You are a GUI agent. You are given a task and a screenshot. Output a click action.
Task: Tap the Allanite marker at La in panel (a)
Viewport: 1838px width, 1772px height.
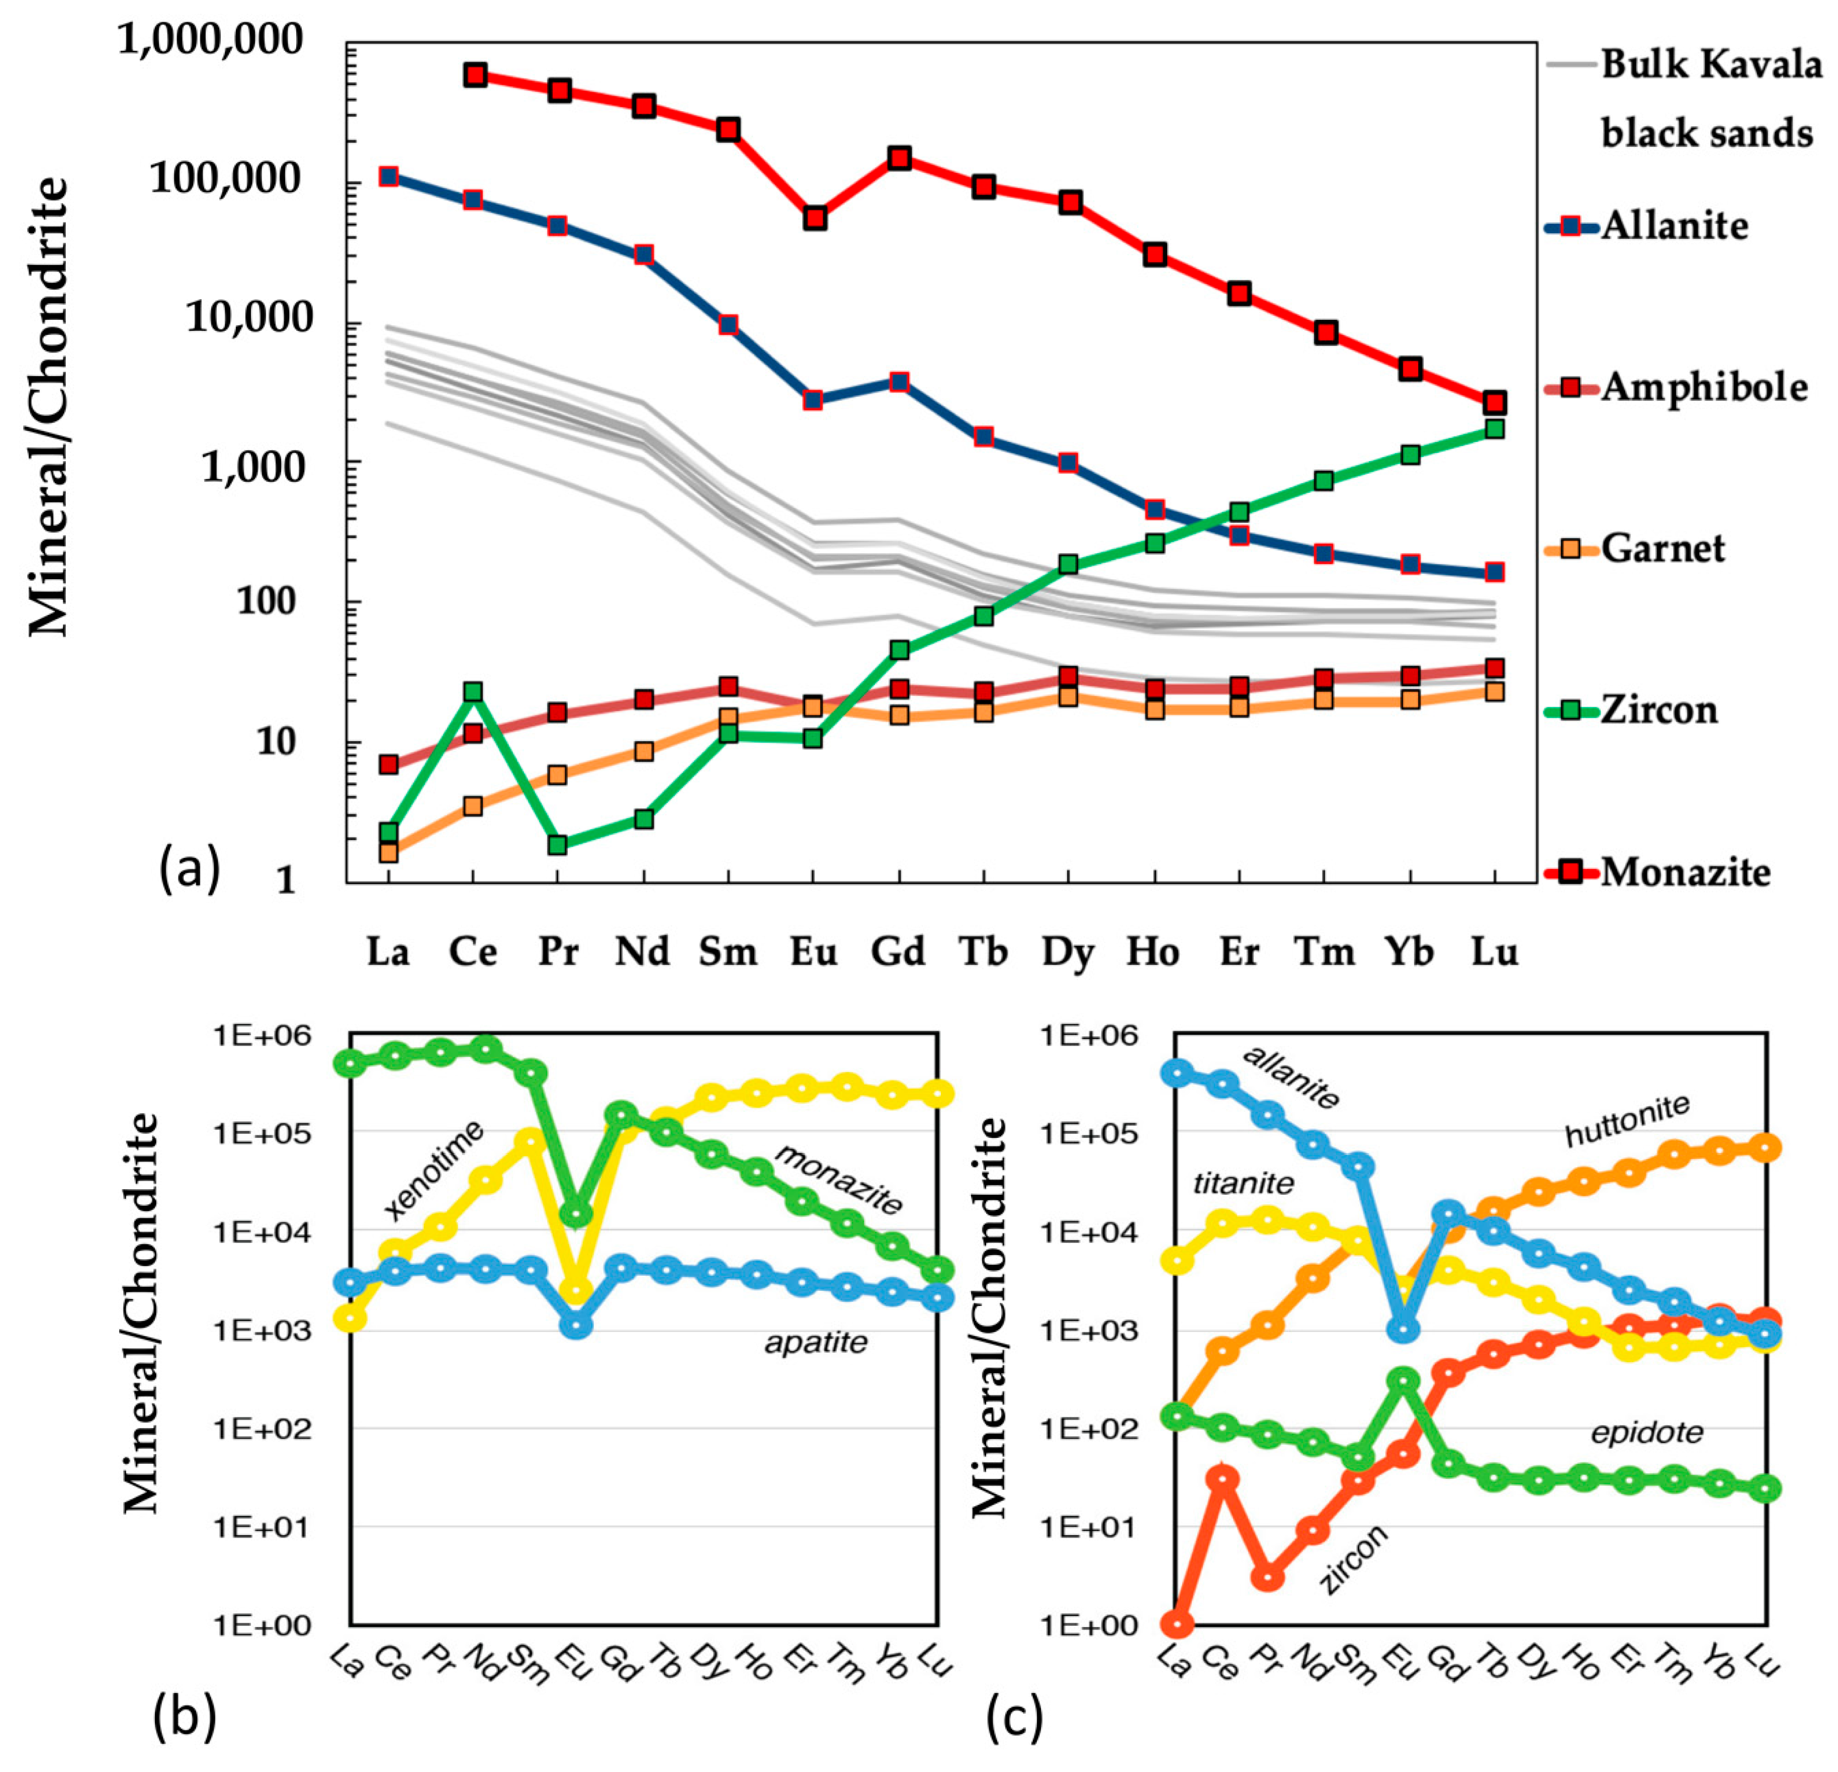point(388,176)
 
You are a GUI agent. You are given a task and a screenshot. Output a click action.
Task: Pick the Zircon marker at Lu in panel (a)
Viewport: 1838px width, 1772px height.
point(1494,428)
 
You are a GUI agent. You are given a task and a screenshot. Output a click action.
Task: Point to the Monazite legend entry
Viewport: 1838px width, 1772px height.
point(1685,872)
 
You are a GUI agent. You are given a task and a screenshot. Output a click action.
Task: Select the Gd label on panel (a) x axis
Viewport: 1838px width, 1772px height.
point(898,952)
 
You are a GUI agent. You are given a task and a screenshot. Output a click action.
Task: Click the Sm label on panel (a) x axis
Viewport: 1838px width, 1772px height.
point(728,952)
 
